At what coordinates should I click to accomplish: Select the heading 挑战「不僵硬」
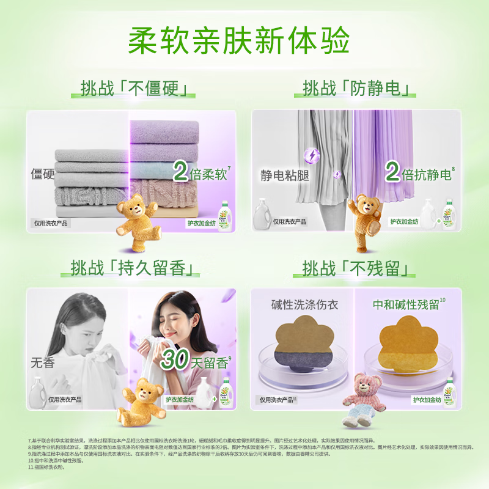138,89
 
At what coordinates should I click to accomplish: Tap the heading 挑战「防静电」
359,89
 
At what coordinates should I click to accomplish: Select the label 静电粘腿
285,176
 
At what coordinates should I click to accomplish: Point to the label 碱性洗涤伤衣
304,304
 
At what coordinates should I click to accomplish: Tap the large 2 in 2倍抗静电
392,174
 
